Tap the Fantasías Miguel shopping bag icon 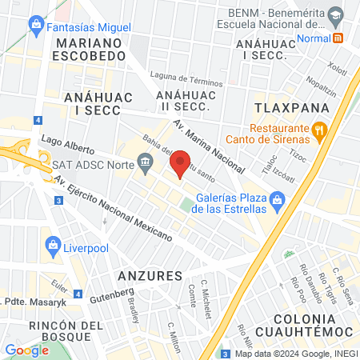pos(37,26)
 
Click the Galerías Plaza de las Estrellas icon pos(277,200)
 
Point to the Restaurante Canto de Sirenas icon pos(319,129)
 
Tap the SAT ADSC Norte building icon pos(145,166)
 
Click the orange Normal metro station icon pos(338,38)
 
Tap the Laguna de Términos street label pos(190,79)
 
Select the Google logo pos(26,350)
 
